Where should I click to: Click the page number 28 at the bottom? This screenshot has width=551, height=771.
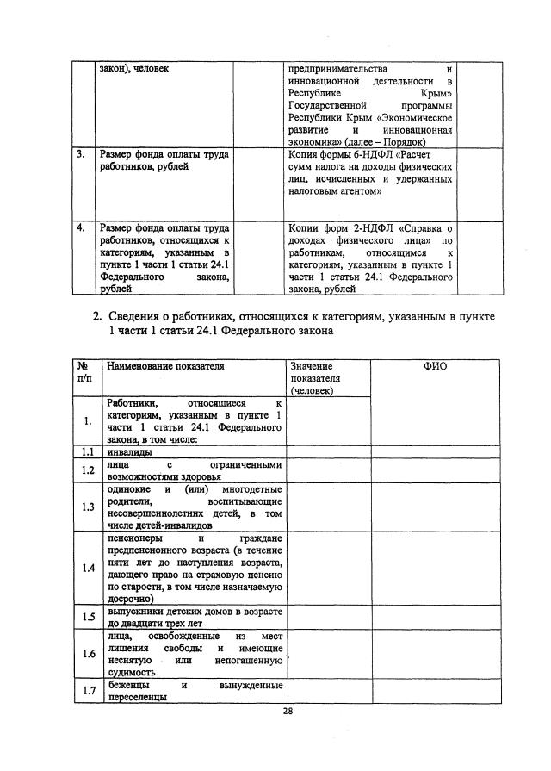[288, 711]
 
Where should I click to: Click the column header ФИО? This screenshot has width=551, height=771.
[435, 367]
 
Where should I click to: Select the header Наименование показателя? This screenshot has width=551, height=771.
[164, 367]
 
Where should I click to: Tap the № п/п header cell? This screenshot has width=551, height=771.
[84, 372]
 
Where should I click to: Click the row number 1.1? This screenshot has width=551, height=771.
[87, 451]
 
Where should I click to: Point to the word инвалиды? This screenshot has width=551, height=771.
[129, 451]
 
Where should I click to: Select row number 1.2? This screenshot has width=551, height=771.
[87, 470]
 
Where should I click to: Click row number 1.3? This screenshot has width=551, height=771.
[87, 507]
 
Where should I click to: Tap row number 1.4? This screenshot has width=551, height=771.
[87, 569]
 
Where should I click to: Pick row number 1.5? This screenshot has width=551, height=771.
[87, 617]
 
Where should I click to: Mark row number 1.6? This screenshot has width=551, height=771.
[87, 654]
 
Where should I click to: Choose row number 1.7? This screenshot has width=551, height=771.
[87, 691]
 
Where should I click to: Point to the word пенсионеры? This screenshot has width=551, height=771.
[136, 538]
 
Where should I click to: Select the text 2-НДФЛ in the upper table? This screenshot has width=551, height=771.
[356, 228]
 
